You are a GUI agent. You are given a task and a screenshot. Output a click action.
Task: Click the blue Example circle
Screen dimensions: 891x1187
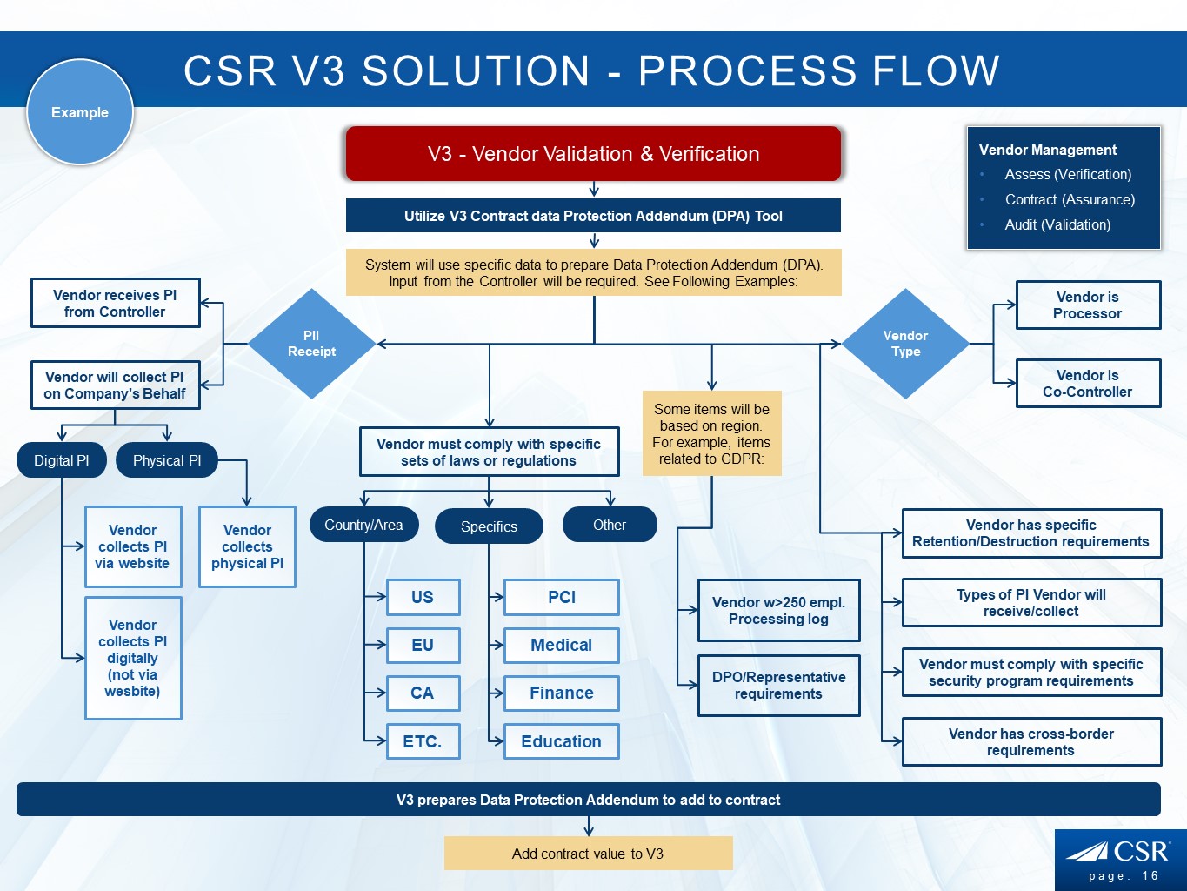coord(80,112)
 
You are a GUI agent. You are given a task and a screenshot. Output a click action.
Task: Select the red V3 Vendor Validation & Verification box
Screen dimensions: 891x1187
coord(593,154)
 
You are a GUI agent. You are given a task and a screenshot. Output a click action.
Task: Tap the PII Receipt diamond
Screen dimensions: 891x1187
coord(311,344)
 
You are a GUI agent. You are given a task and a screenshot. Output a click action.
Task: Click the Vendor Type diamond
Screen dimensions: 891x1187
coord(905,344)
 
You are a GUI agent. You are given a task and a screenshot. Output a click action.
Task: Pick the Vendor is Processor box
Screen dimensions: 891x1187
coord(1088,305)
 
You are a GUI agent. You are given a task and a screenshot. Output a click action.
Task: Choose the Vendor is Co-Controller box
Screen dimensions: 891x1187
coord(1088,384)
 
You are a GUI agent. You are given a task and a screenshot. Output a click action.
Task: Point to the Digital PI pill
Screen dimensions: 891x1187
coord(62,460)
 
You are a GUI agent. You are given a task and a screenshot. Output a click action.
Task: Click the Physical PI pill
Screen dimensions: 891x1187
coord(167,460)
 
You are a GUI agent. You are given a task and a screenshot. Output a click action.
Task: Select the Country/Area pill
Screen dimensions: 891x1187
coord(363,525)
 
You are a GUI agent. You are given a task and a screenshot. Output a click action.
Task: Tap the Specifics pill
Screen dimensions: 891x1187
coord(489,526)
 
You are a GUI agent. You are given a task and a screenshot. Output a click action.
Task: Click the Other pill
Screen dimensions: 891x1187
coord(610,525)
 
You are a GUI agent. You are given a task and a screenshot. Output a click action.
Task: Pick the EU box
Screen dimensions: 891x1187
coord(423,645)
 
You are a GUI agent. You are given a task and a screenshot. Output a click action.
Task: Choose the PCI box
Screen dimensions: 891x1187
coord(562,597)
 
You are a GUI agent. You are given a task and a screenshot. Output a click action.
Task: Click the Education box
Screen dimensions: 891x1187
coord(562,741)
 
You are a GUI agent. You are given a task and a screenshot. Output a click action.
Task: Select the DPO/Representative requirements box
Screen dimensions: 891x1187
coord(778,686)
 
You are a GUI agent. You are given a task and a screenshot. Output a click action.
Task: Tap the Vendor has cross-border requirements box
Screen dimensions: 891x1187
coord(1031,741)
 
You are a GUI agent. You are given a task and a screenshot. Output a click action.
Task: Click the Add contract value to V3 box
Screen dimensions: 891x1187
coord(588,854)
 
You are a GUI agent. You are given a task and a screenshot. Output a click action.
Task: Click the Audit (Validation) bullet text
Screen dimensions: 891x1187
coord(1057,224)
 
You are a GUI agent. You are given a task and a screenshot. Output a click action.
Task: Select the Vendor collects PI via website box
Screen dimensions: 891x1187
coord(133,546)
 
